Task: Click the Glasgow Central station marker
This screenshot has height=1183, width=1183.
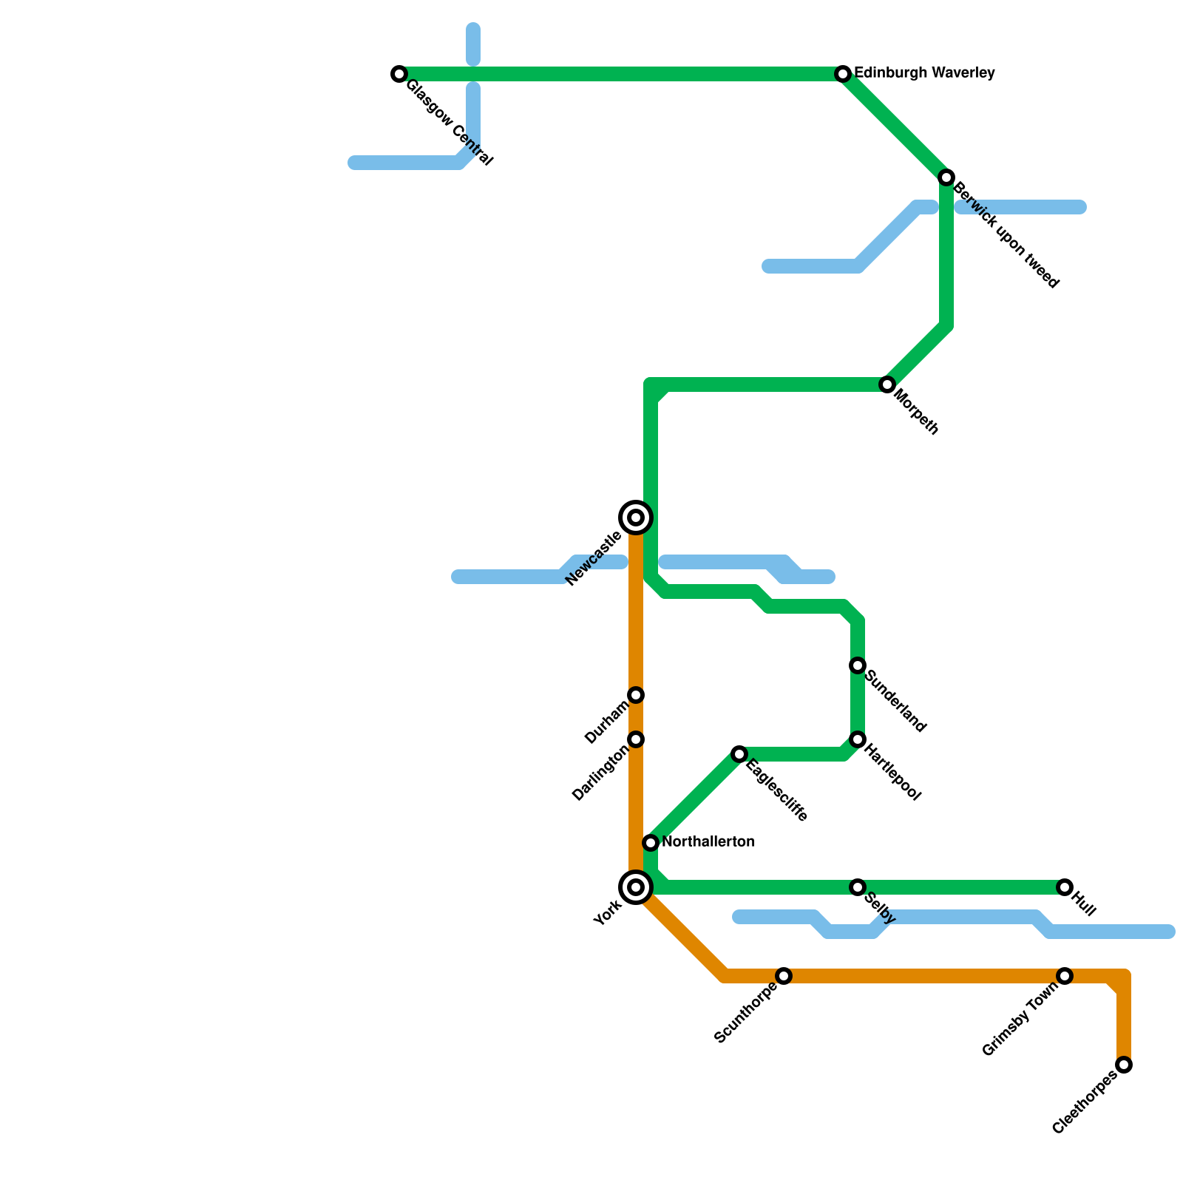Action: (399, 74)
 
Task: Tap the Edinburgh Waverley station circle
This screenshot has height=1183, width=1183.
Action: (843, 74)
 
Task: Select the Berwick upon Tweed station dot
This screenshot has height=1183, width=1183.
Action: (946, 177)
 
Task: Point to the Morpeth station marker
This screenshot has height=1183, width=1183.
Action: (887, 384)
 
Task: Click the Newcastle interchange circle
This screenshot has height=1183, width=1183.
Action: (636, 518)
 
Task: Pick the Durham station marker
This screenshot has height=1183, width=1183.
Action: (636, 695)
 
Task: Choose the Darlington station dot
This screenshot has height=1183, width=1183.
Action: (636, 739)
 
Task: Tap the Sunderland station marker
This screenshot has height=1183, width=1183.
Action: (858, 665)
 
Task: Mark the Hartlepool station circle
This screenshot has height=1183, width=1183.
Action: (858, 739)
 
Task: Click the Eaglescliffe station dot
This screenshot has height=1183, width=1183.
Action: (739, 754)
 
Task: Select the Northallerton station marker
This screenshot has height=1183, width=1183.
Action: (651, 842)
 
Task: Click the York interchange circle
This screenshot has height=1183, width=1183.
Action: (636, 887)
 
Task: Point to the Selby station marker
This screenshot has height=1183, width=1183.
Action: (858, 887)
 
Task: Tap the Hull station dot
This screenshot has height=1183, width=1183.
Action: (1065, 887)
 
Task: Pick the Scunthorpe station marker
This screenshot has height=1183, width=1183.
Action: (784, 976)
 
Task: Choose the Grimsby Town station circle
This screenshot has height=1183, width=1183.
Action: (1065, 976)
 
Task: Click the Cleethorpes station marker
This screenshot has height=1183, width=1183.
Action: (1124, 1065)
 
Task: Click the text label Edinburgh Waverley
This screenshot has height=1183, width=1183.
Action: (924, 73)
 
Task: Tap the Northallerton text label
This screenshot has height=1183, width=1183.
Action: (708, 842)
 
